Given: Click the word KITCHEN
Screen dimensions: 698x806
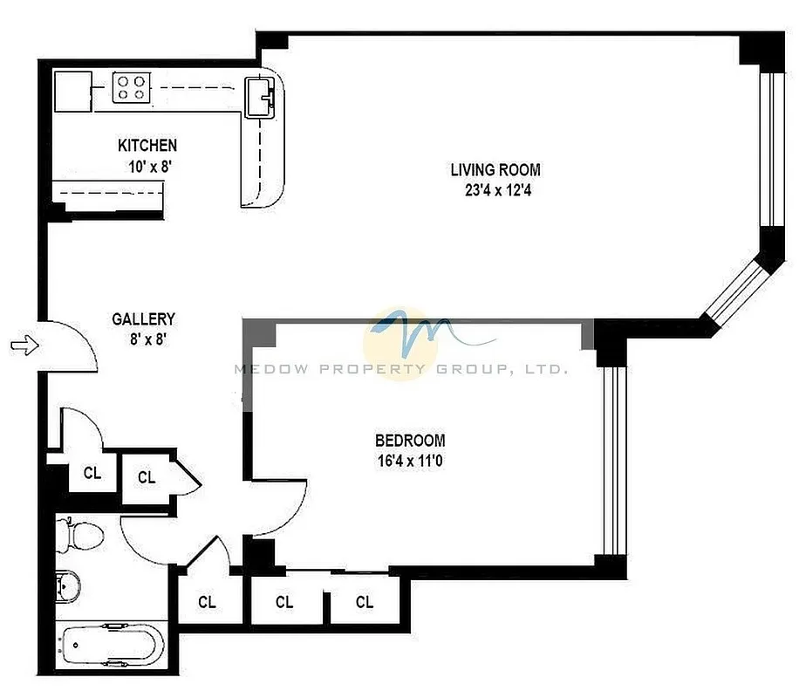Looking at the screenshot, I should [x=147, y=146].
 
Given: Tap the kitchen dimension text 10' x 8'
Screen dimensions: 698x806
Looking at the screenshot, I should [x=147, y=166].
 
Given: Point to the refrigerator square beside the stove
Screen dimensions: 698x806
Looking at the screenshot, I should [x=73, y=90].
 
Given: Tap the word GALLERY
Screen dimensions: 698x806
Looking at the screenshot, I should [x=143, y=319].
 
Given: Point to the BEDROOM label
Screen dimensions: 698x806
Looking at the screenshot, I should [x=410, y=441].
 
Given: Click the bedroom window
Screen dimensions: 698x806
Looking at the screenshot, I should [x=614, y=460].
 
